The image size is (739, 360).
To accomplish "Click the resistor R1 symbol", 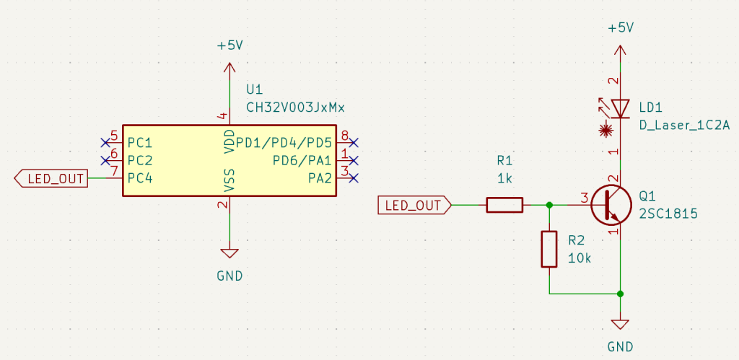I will [x=504, y=206].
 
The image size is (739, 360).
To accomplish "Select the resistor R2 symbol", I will [x=549, y=249].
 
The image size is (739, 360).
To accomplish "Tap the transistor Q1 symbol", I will [x=611, y=206].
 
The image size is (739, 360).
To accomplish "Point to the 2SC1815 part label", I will [x=668, y=214].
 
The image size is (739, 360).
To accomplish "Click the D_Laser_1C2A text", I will [x=684, y=126].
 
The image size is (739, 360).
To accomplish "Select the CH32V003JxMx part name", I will [x=296, y=108].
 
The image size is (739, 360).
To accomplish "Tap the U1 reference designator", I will [x=255, y=90].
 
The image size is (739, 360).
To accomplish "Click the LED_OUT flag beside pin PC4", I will [x=51, y=178].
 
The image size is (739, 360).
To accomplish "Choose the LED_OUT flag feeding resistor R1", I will [x=414, y=206].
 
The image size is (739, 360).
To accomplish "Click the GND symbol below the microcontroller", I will [x=229, y=254].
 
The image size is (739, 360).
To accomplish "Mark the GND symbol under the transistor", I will [x=620, y=325].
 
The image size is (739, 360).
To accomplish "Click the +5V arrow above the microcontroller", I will [x=229, y=69].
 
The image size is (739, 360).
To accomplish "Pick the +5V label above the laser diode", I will [x=620, y=28].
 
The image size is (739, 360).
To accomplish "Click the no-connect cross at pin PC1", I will [x=105, y=142].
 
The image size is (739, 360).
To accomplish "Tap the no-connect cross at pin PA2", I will [x=354, y=178].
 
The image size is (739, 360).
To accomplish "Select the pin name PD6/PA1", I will [x=302, y=160].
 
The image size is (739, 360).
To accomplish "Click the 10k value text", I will [x=580, y=258].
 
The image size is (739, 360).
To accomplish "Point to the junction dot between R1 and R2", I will [x=549, y=206].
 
